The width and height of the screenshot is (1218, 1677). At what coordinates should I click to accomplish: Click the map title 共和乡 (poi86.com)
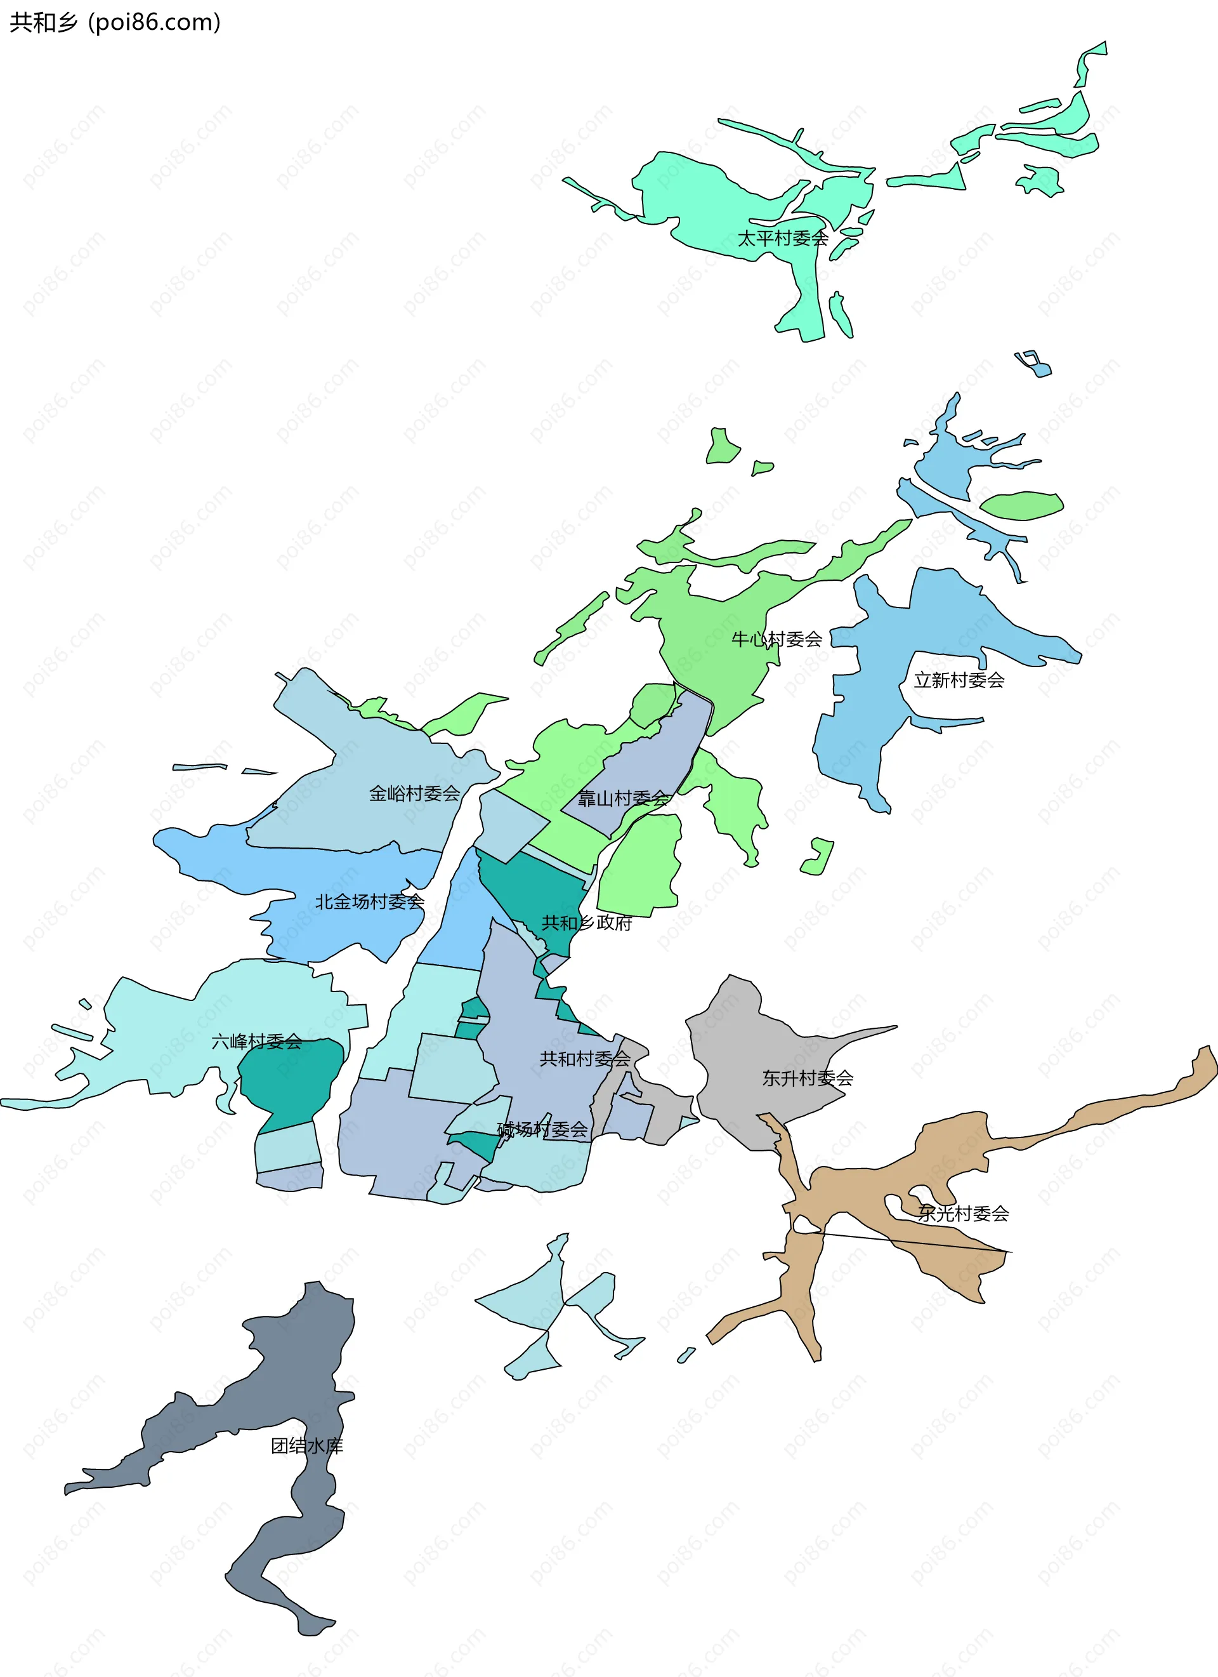click(115, 23)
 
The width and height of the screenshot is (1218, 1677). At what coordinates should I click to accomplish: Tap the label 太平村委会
click(783, 238)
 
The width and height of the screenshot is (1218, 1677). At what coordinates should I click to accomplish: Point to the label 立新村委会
click(959, 680)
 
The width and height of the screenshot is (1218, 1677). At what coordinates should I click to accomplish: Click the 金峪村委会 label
click(415, 793)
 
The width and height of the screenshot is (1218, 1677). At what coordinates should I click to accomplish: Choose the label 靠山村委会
click(624, 799)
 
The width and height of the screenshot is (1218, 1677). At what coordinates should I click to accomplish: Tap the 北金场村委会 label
click(370, 901)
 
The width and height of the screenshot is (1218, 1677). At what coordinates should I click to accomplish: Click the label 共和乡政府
click(587, 923)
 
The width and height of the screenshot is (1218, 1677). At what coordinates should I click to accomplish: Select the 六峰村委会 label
click(256, 1042)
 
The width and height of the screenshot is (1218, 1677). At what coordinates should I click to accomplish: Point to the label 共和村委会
click(586, 1059)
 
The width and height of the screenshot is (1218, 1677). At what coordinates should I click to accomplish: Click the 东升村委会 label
click(808, 1078)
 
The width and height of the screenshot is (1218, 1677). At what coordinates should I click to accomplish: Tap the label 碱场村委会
click(542, 1129)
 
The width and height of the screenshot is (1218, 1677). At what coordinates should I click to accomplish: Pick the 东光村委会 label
click(963, 1214)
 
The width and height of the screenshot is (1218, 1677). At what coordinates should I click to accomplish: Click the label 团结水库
click(306, 1445)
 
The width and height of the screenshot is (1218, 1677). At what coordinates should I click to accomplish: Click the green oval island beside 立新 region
click(1021, 506)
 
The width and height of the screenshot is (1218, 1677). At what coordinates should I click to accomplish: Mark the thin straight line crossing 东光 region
click(917, 1242)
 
